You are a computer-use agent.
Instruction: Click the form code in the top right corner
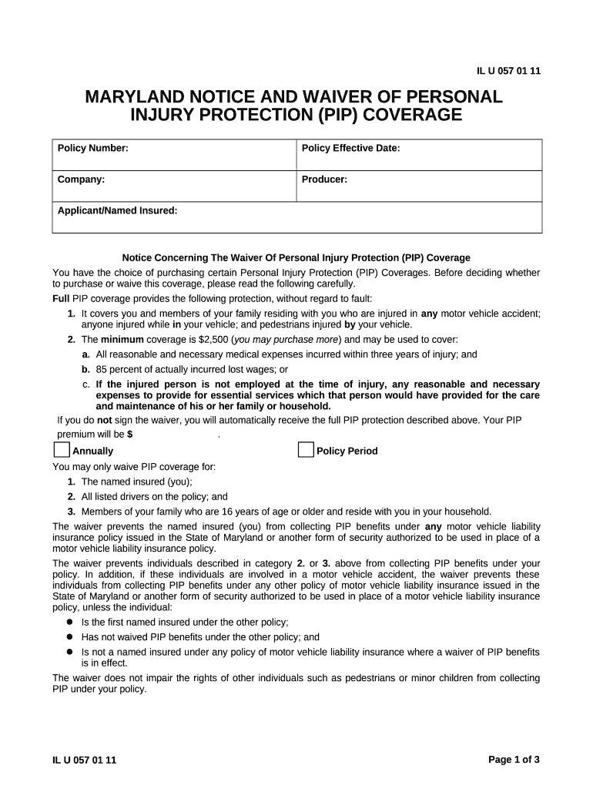[509, 72]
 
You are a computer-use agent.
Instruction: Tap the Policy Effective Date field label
[350, 148]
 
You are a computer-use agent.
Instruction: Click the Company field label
[82, 180]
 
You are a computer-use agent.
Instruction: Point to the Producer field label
[324, 180]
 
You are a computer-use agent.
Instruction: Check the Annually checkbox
[62, 450]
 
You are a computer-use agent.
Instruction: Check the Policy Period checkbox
[306, 450]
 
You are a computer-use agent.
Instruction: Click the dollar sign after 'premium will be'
[130, 435]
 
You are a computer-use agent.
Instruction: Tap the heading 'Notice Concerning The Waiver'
[296, 258]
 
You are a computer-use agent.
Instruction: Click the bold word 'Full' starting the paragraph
[61, 298]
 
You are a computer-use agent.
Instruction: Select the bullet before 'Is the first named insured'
[69, 622]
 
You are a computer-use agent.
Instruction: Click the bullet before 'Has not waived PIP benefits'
[69, 637]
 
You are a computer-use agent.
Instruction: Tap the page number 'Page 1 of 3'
[514, 759]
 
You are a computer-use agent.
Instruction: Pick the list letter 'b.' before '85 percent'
[86, 369]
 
